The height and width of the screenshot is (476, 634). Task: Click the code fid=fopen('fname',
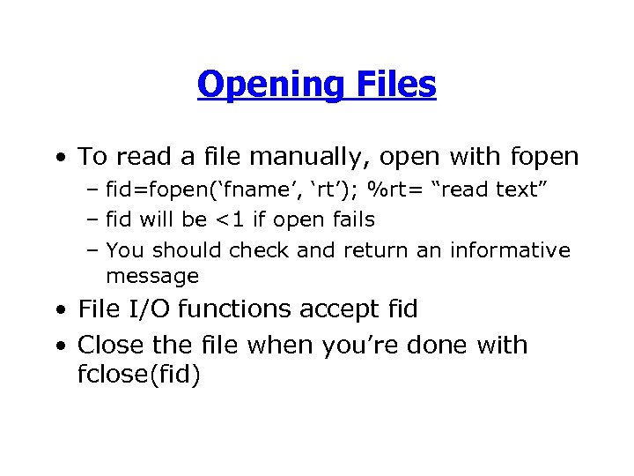[200, 190]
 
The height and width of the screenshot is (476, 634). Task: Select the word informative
[510, 250]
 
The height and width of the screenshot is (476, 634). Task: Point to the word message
[152, 276]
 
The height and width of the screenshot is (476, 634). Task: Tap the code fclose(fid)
[139, 376]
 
